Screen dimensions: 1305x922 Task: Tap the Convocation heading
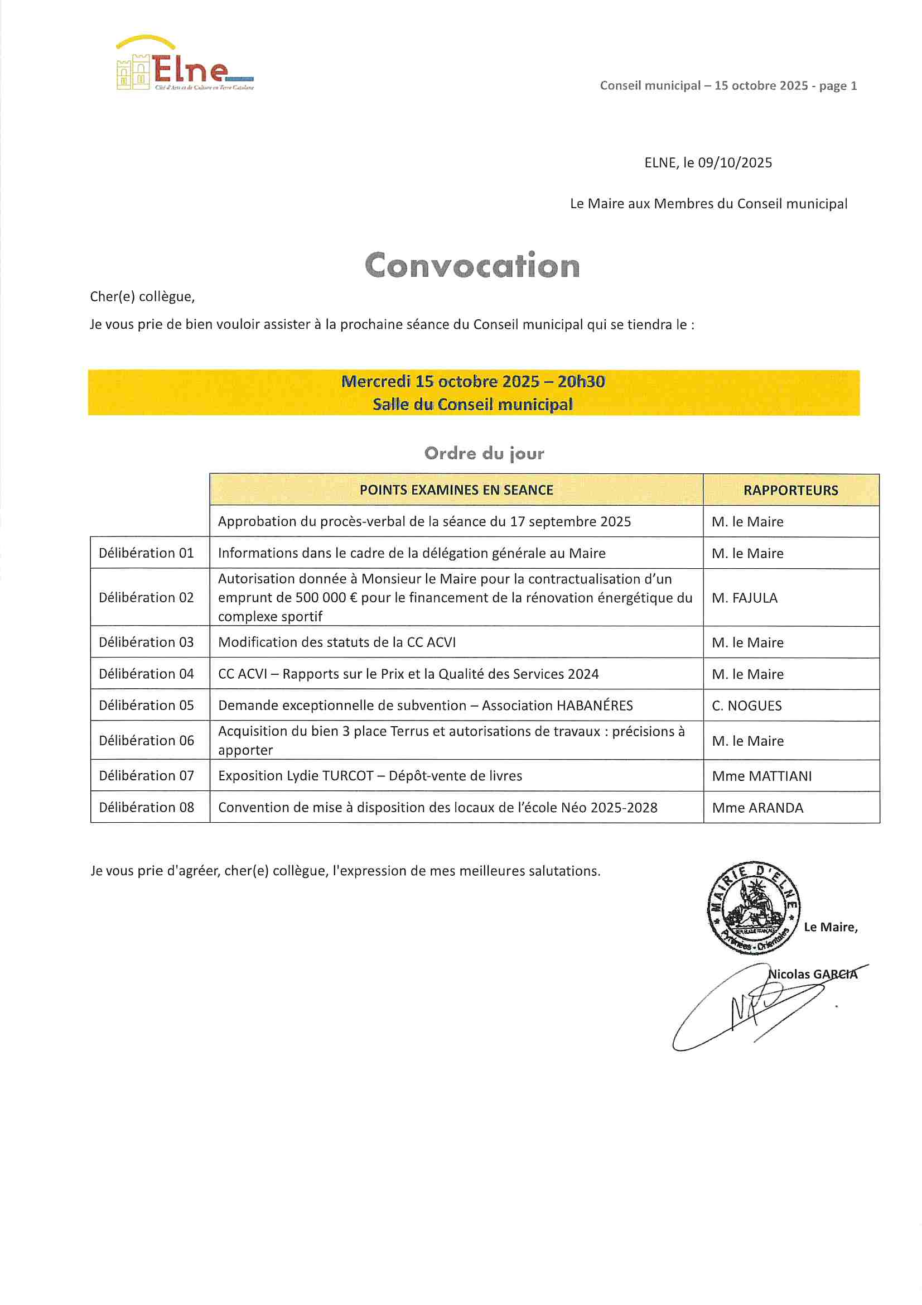tap(472, 266)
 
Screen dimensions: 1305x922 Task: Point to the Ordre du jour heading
tap(484, 453)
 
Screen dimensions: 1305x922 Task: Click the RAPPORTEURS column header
tap(790, 491)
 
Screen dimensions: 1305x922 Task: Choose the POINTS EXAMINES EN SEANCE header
tap(456, 490)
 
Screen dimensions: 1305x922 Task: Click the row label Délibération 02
tap(147, 597)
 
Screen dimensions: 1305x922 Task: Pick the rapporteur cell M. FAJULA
tap(744, 598)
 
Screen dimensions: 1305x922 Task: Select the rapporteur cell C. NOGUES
tap(746, 706)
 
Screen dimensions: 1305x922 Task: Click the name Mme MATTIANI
tap(762, 776)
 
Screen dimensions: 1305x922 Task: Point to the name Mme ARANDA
tap(757, 808)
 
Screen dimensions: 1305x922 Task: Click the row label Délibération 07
tap(147, 776)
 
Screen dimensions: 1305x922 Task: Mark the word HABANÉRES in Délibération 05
tap(594, 706)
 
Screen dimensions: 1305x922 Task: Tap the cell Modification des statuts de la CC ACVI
tap(337, 642)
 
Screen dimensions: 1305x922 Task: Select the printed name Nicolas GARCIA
tap(812, 974)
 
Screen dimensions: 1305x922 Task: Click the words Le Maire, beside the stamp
tap(831, 927)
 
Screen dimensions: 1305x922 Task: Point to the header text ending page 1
tap(728, 86)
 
